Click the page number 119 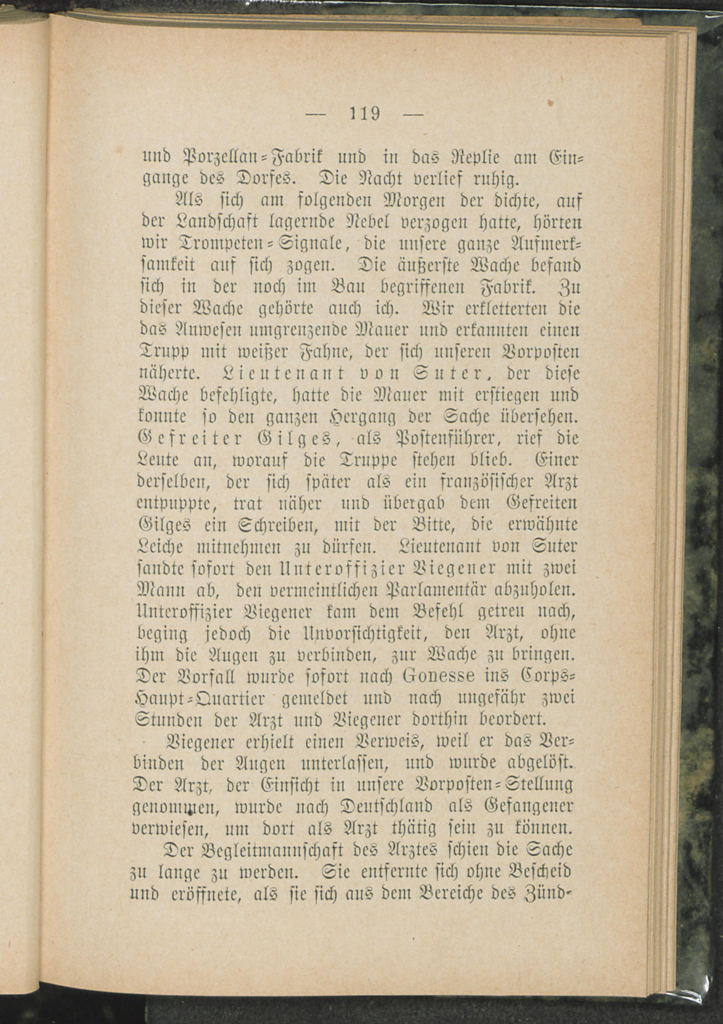click(x=364, y=114)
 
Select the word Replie click(x=473, y=157)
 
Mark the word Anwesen click(x=209, y=331)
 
